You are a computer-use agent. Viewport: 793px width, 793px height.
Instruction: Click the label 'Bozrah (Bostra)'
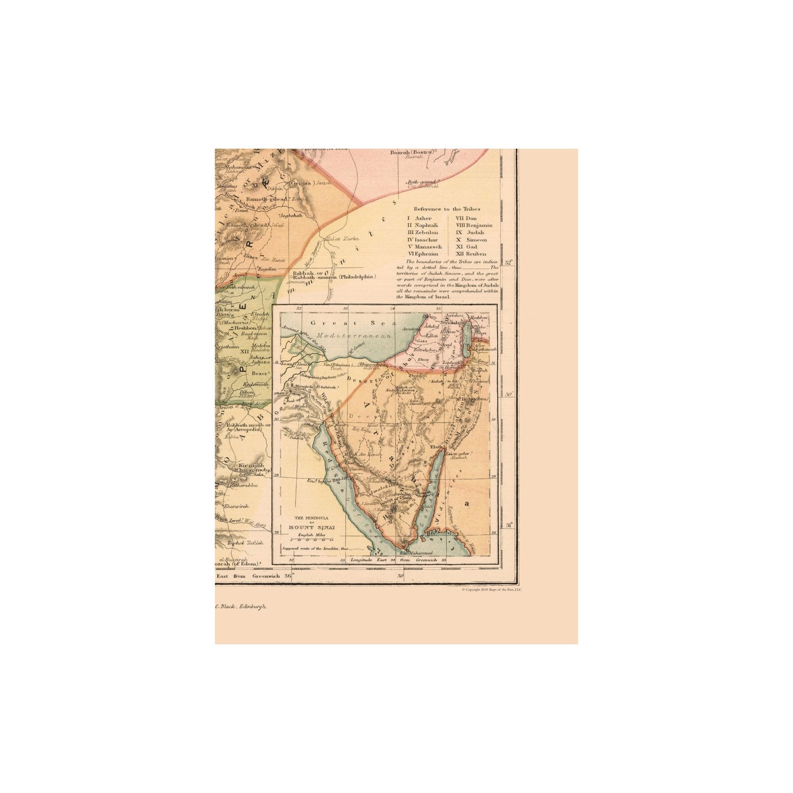[x=411, y=152]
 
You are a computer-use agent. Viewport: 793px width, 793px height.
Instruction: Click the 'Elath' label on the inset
[x=436, y=448]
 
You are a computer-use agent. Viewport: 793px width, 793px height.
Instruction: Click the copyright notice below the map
[x=491, y=589]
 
